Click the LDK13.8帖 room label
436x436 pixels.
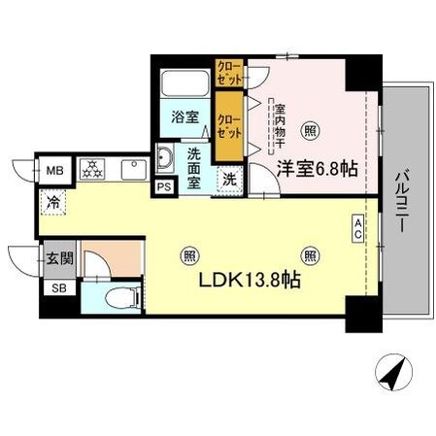249,283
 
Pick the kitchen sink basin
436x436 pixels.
133,170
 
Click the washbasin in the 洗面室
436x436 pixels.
164,157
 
